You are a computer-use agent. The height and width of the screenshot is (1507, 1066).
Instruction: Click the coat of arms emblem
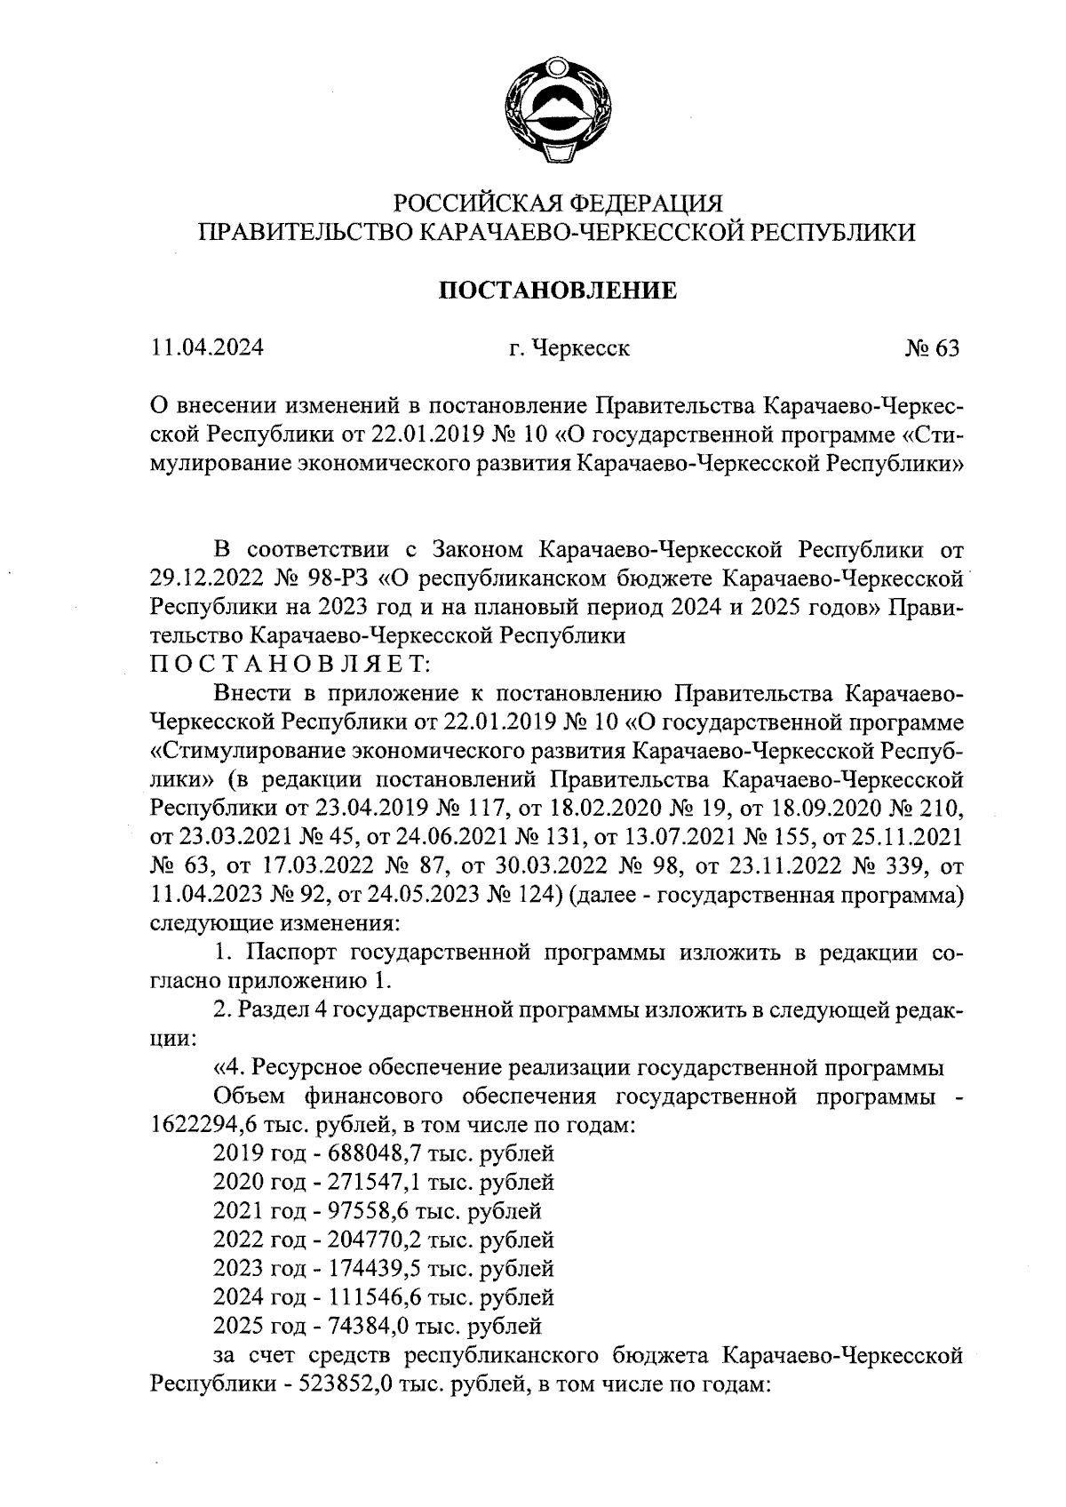pyautogui.click(x=556, y=108)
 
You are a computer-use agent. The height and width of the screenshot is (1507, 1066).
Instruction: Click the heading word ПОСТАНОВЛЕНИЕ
pyautogui.click(x=560, y=291)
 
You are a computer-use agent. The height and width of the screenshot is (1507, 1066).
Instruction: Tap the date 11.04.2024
pyautogui.click(x=207, y=347)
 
